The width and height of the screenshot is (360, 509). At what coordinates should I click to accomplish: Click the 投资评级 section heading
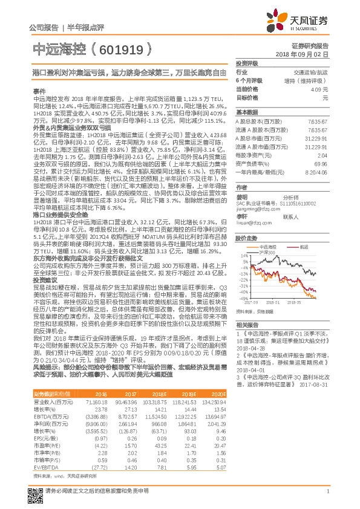point(247,63)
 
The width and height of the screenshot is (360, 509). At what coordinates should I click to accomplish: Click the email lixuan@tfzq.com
point(249,222)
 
